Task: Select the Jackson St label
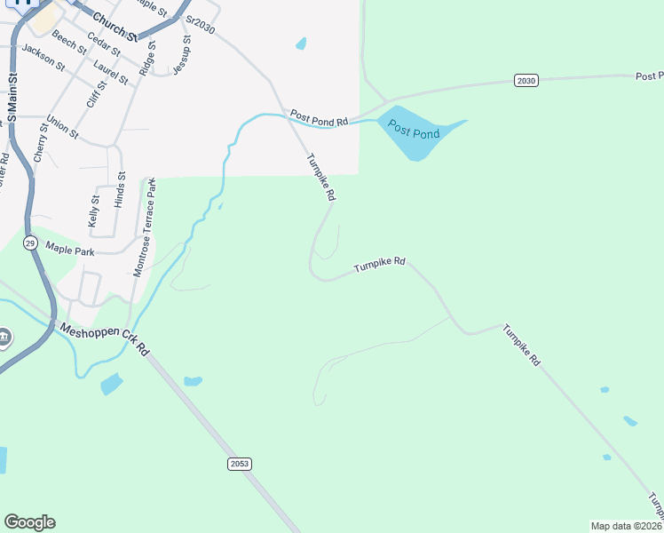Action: [43, 58]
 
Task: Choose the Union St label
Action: [62, 128]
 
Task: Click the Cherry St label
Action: [39, 143]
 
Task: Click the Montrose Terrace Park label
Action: [144, 227]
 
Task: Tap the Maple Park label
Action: [70, 251]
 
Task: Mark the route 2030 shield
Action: [526, 81]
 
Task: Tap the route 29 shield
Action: [30, 243]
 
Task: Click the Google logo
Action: [29, 522]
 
